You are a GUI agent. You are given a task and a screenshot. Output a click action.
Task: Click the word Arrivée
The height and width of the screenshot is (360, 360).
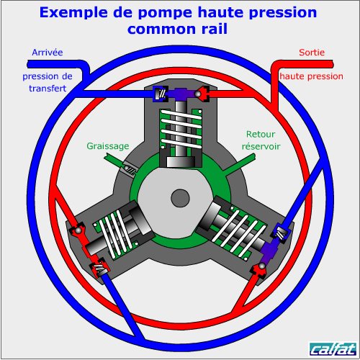point(48,53)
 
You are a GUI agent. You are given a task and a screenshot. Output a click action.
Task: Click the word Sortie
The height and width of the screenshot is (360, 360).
point(312,53)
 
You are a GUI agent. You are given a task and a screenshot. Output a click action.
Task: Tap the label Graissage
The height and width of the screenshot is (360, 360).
point(108,146)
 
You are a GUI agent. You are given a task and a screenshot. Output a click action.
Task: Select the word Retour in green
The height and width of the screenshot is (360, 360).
point(261,134)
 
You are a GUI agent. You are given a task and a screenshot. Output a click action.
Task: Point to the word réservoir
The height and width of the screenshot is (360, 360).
point(261,146)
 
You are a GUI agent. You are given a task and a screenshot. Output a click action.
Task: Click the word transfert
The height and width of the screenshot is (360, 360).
point(48,89)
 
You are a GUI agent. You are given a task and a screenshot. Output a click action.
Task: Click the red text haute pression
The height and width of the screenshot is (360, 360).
point(311,76)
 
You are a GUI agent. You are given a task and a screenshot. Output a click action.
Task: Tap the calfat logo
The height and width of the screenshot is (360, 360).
point(333,349)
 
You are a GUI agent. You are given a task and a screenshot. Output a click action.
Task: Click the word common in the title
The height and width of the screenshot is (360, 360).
point(161,29)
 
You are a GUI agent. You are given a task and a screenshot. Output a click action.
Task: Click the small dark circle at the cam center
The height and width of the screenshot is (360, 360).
point(180,198)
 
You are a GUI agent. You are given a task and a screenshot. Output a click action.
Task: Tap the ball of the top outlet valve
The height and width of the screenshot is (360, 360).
point(198,94)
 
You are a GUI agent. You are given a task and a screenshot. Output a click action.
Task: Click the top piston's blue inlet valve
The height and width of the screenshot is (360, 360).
point(161,94)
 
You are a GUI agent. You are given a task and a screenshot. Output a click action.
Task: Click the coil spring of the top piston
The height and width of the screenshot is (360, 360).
point(181,129)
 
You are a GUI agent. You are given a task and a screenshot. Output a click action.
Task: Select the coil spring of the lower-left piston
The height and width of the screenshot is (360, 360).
point(116,233)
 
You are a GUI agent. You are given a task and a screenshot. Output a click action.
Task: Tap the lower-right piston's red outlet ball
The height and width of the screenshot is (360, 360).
point(262,266)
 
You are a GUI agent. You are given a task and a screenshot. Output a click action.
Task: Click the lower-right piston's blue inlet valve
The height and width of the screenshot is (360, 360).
point(281,233)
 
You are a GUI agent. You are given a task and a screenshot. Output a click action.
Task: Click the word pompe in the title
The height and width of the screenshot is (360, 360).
point(165,13)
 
